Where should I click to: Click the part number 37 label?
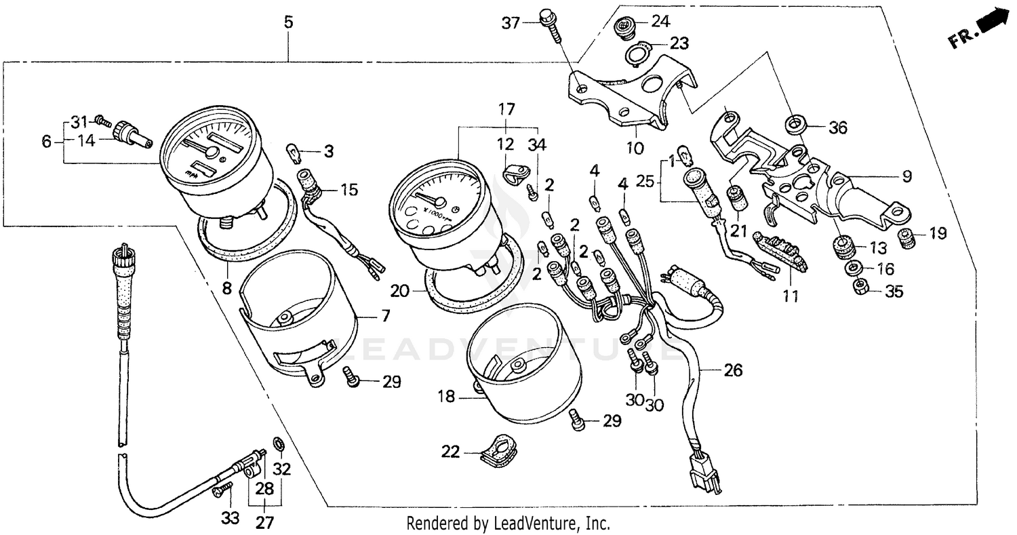(510, 23)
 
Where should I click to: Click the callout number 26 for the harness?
(733, 370)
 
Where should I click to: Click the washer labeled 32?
(278, 444)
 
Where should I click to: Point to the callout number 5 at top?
(288, 22)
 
